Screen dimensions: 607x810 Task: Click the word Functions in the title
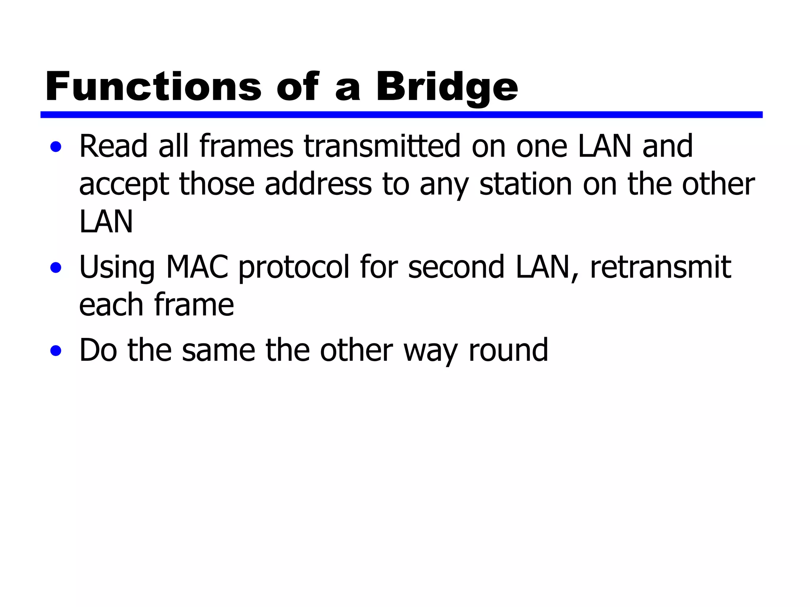coord(153,87)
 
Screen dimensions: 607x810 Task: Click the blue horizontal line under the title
coord(401,115)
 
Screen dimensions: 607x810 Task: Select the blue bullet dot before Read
coord(56,147)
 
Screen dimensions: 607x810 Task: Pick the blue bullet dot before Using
coord(56,268)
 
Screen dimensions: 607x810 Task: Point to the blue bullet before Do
coord(56,351)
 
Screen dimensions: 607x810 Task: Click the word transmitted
coord(382,146)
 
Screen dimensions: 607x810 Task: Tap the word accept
coord(124,185)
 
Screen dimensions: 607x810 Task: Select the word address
coord(318,184)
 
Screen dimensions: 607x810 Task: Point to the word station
coord(526,184)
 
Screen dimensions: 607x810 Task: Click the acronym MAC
coord(197,267)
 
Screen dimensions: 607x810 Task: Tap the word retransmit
coord(660,267)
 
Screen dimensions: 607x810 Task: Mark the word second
coord(456,267)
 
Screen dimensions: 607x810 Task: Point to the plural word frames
coord(246,146)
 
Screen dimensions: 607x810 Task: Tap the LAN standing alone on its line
coord(106,222)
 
